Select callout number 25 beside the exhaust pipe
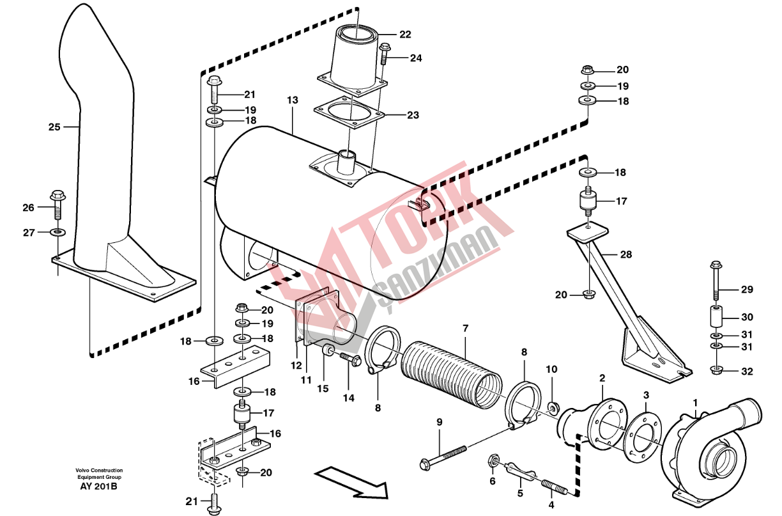pyautogui.click(x=54, y=127)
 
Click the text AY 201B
pyautogui.click(x=99, y=487)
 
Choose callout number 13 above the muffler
pyautogui.click(x=292, y=100)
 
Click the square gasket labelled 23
pyautogui.click(x=349, y=112)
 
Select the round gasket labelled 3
pyautogui.click(x=639, y=435)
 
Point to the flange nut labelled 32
pyautogui.click(x=716, y=370)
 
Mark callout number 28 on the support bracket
pyautogui.click(x=625, y=254)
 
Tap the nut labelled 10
pyautogui.click(x=551, y=407)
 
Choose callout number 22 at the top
pyautogui.click(x=405, y=35)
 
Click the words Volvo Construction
pyautogui.click(x=98, y=471)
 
